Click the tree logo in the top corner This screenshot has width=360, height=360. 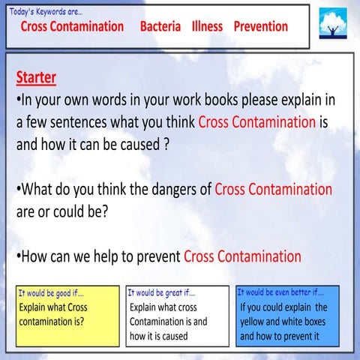[331, 24]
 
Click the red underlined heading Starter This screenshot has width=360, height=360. [36, 78]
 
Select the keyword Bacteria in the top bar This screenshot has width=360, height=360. [160, 26]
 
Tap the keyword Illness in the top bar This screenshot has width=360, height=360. [207, 26]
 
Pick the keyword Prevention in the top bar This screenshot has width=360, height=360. [260, 26]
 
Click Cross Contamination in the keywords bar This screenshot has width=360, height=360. [72, 26]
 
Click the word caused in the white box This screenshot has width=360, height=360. [172, 336]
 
